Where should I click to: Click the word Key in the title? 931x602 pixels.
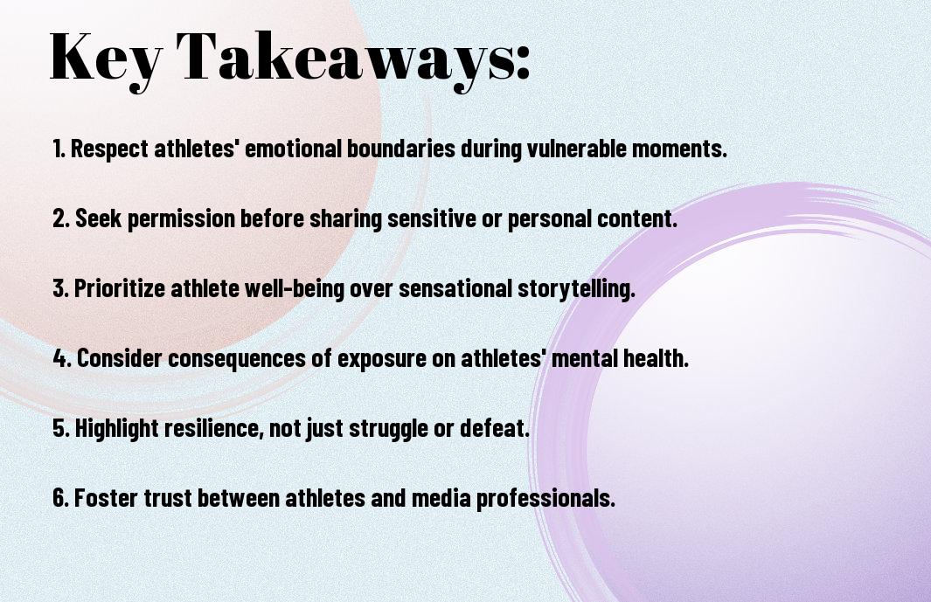[x=106, y=59]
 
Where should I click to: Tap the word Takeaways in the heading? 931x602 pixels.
[x=345, y=59]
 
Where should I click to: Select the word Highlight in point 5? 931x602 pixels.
[x=116, y=428]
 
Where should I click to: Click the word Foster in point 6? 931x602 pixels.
[x=106, y=497]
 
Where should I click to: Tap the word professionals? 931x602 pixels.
[x=545, y=498]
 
